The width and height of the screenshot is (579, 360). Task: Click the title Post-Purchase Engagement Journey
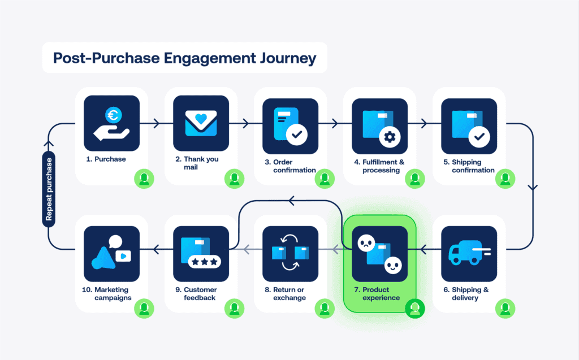(184, 58)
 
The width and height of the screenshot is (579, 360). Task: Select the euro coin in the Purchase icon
(112, 116)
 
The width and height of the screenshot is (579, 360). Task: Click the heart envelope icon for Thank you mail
(201, 123)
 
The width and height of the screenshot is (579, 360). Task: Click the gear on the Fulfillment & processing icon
(388, 136)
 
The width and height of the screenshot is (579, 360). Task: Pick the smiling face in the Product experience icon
(392, 264)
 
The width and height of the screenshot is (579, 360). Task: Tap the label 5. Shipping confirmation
(473, 166)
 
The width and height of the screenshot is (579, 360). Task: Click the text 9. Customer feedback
(199, 294)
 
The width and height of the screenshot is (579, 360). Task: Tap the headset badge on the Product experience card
(415, 307)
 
